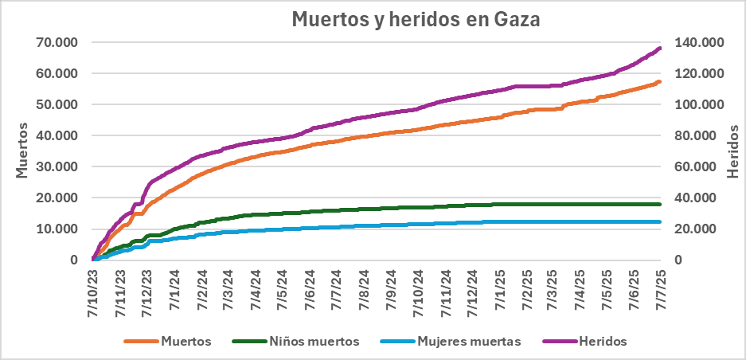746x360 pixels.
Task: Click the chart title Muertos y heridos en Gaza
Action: click(415, 19)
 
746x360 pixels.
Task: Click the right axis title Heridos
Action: click(732, 151)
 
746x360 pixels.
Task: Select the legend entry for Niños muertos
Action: click(295, 341)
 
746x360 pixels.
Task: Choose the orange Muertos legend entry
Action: click(168, 341)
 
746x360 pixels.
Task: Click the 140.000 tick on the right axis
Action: click(699, 42)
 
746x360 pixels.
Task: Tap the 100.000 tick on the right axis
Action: click(699, 104)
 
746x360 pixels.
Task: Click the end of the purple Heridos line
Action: click(660, 49)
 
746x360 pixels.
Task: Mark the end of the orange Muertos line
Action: click(660, 81)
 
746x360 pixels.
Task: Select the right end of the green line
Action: click(660, 204)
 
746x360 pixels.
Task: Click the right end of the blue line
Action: click(660, 221)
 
